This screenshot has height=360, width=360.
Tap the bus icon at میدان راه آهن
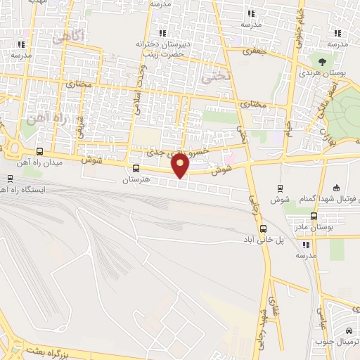click(39, 151)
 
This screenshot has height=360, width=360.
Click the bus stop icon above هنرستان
click(136, 169)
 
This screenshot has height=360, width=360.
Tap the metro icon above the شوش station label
click(281, 188)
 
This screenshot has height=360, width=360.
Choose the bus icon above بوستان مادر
click(314, 217)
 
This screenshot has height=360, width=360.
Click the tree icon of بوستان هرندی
click(323, 62)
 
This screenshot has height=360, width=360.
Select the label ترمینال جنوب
click(339, 342)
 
